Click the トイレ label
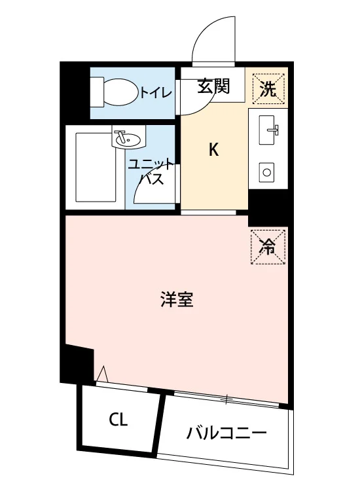click(x=156, y=93)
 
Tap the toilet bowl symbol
click(x=120, y=92)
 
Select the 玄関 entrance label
click(x=213, y=86)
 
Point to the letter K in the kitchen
click(x=213, y=150)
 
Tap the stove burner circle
click(x=266, y=172)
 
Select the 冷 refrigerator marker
click(x=268, y=246)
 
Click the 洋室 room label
click(x=177, y=299)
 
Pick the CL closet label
click(x=118, y=420)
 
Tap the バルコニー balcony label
click(x=226, y=433)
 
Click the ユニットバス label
click(x=151, y=172)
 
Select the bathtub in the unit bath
click(x=95, y=168)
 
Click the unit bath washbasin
click(x=128, y=137)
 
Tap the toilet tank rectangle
click(x=96, y=92)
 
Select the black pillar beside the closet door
click(x=78, y=364)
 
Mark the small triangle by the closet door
click(x=102, y=374)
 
